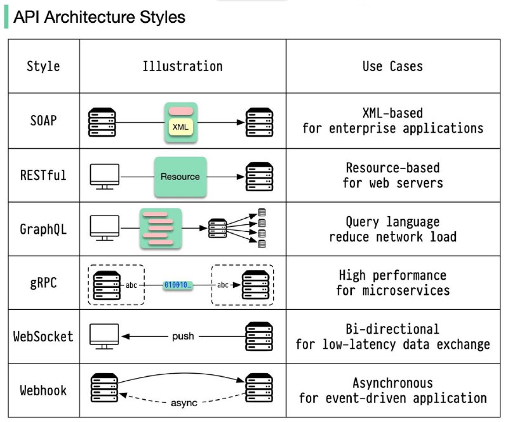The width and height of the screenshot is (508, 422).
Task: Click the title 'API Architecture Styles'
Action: pos(99,17)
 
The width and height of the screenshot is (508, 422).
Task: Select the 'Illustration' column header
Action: pos(182,66)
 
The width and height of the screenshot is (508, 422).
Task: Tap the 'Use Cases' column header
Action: pos(392,66)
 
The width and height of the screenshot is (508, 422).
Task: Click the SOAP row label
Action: pos(43,121)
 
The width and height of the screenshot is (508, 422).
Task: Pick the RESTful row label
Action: pos(43,175)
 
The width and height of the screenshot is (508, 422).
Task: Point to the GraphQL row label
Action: pos(43,229)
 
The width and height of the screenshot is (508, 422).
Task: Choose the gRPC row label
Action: pos(43,283)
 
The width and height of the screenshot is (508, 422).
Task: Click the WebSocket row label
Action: pos(43,336)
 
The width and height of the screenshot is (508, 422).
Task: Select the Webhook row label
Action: pos(43,390)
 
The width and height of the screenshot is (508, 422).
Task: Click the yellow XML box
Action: pos(180,127)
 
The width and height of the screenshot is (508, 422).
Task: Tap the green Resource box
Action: pos(180,177)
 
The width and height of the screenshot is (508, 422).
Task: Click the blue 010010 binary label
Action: pos(178,285)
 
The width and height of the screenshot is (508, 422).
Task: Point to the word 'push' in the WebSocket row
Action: pos(183,336)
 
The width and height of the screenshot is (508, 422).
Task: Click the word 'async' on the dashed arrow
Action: pos(184,403)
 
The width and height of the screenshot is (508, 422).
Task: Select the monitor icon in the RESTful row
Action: pos(104,177)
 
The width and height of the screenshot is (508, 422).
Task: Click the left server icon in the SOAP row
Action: pos(102,122)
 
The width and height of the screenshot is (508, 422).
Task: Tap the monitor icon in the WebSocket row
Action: pos(104,336)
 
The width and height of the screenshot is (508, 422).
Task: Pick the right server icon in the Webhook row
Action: pos(259,388)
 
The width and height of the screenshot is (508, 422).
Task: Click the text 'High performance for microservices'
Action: pos(392,283)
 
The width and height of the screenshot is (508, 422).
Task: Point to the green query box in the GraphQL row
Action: pos(161,229)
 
